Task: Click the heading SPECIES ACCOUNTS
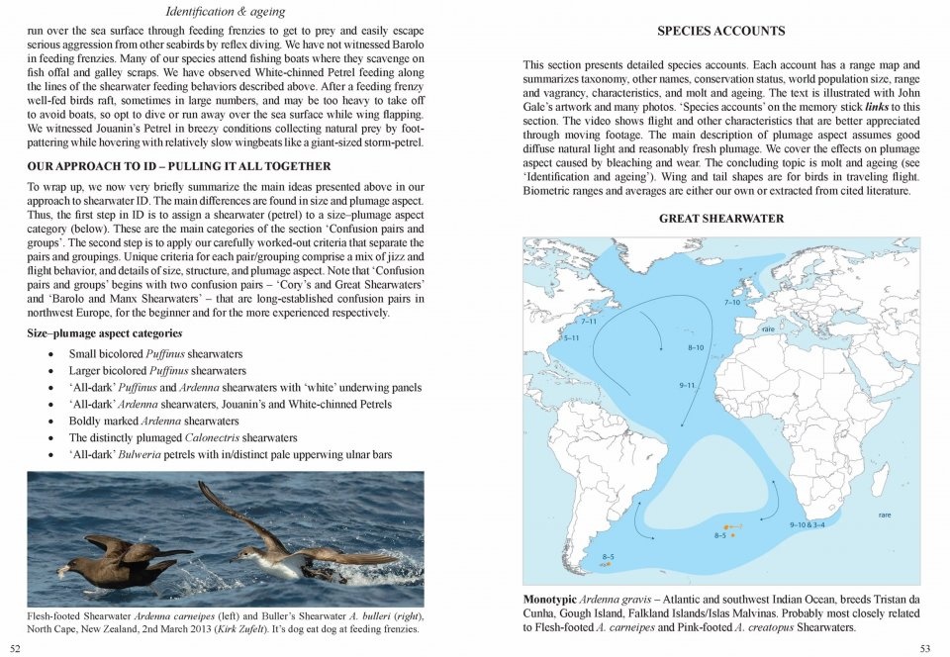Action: [x=720, y=31]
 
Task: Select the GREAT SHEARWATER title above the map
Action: [x=720, y=219]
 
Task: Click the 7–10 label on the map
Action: [x=732, y=302]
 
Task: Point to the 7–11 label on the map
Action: [x=587, y=322]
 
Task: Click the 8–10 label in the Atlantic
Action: [x=696, y=348]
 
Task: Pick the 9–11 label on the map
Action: [x=688, y=384]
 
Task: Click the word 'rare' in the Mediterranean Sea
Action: [x=768, y=328]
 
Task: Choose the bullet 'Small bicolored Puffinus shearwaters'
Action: [x=155, y=353]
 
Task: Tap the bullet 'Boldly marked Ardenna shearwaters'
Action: [x=153, y=421]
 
